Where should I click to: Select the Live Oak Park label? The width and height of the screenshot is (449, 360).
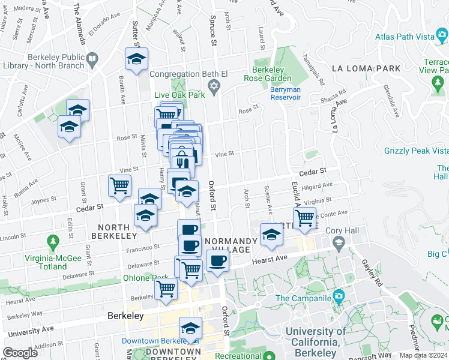coord(179,95)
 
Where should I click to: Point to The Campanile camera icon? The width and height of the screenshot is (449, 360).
coord(339,296)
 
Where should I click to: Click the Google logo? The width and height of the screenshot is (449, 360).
coord(20,352)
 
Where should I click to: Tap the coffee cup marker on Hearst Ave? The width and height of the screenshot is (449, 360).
coord(217,261)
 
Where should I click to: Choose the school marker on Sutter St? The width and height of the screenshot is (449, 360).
coord(136,59)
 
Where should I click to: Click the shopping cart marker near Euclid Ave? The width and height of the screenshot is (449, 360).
coord(304,218)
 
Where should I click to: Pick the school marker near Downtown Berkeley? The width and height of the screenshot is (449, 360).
coord(190,328)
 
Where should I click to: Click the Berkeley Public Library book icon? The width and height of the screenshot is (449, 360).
coord(92,59)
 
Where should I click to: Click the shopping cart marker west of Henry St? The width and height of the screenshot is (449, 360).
coord(119,186)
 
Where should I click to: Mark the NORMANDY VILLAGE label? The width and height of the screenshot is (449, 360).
coord(231,245)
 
